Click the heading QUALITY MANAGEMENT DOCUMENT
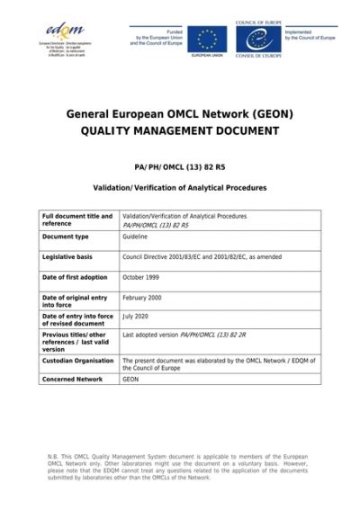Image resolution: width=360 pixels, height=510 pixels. click(x=180, y=131)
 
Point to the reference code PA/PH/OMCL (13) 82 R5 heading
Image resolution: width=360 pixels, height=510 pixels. click(x=180, y=166)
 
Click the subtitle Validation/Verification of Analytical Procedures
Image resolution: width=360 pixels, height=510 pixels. click(x=180, y=188)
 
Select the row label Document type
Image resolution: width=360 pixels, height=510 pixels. click(x=66, y=237)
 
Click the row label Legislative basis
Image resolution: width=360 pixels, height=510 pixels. click(x=69, y=256)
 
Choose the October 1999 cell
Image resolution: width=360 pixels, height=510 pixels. click(x=140, y=277)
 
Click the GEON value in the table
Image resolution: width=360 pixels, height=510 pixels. click(x=131, y=380)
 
